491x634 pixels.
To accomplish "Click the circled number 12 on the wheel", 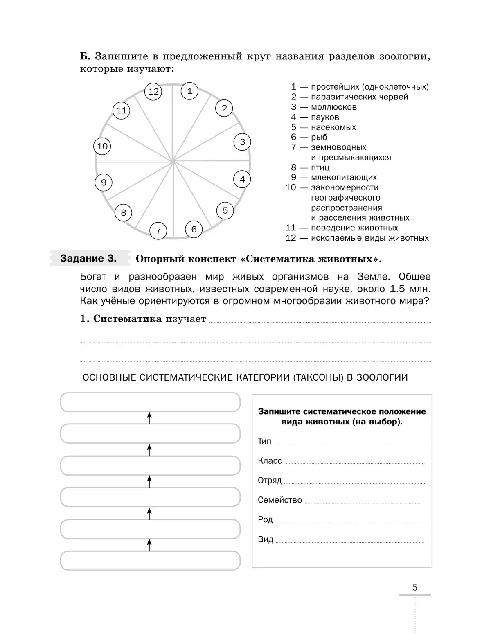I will pos(153,92).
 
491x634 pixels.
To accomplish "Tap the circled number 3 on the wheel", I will pos(242,142).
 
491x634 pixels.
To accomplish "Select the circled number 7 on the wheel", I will pos(158,231).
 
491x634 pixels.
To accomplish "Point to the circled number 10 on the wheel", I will pos(102,147).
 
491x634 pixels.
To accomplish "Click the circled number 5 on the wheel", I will pos(225,210).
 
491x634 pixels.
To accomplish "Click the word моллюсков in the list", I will pos(333,107).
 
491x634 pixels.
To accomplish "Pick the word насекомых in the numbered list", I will pos(333,127).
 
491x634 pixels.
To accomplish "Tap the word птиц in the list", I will pos(320,167).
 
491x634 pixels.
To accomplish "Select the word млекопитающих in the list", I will pos(344,178).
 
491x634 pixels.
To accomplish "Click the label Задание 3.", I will pos(88,259).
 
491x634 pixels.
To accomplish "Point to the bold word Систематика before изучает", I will pos(127,319).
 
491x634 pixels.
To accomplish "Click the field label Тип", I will pos(264,441).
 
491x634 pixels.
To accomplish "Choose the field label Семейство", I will pos(280,500).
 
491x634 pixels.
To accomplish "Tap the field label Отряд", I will pos(270,481).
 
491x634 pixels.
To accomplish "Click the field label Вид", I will pos(266,539).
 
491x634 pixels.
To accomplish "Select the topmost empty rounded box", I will pos(150,402).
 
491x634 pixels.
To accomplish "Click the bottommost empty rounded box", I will pos(150,560).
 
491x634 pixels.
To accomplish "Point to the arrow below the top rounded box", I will pos(149,418).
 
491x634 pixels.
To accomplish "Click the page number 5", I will pos(415,588).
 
